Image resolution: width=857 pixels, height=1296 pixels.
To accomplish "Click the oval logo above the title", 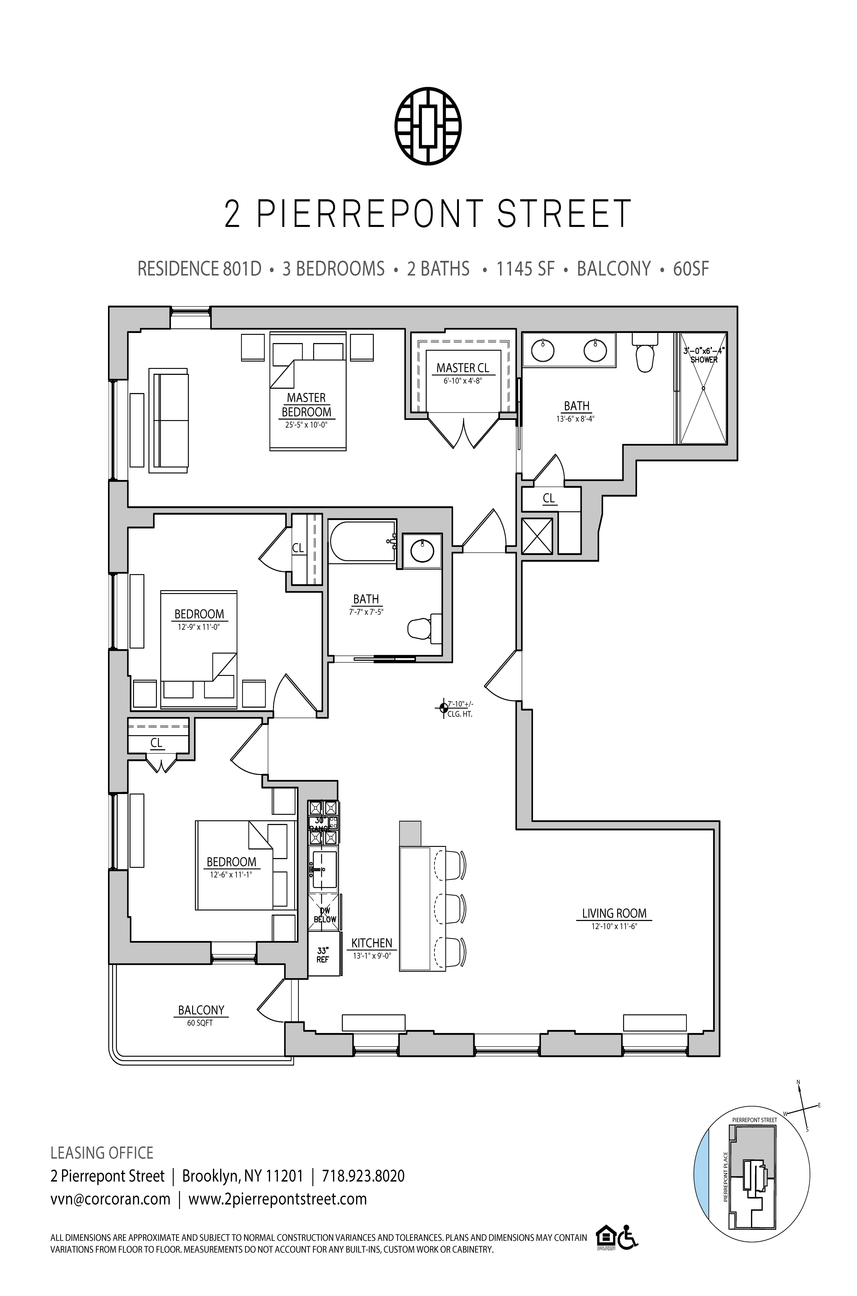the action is pos(428,125).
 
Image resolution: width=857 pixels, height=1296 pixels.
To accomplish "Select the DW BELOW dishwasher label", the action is pos(325,915).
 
